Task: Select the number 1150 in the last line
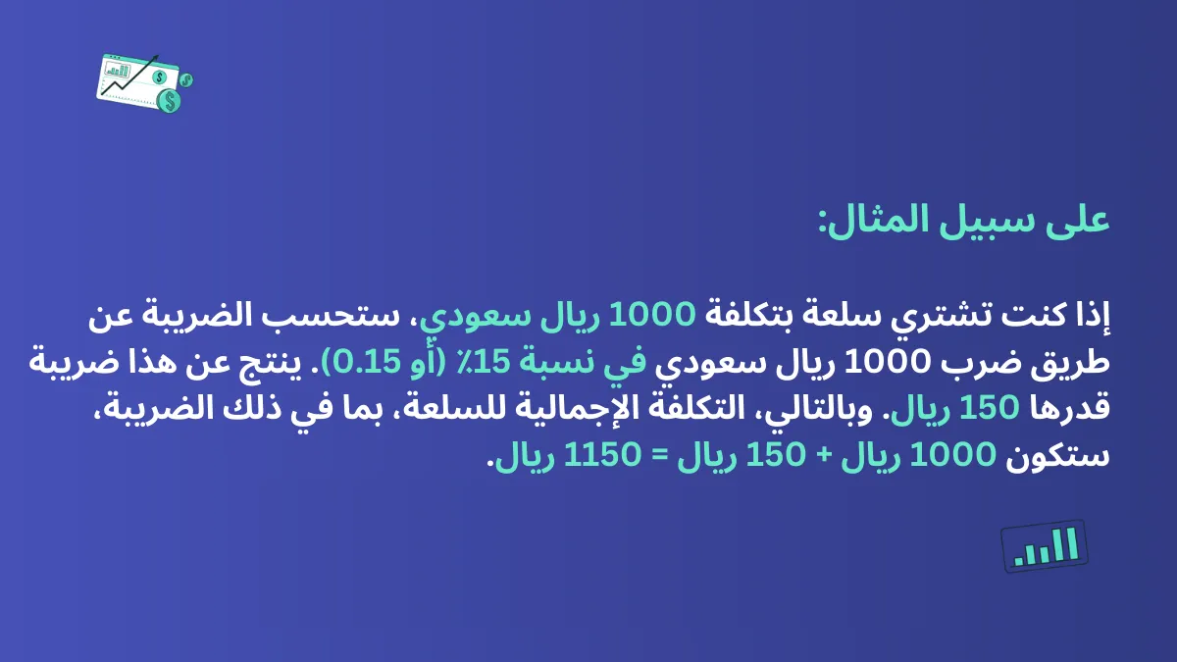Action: pos(594,457)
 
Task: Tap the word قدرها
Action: pos(1075,410)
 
